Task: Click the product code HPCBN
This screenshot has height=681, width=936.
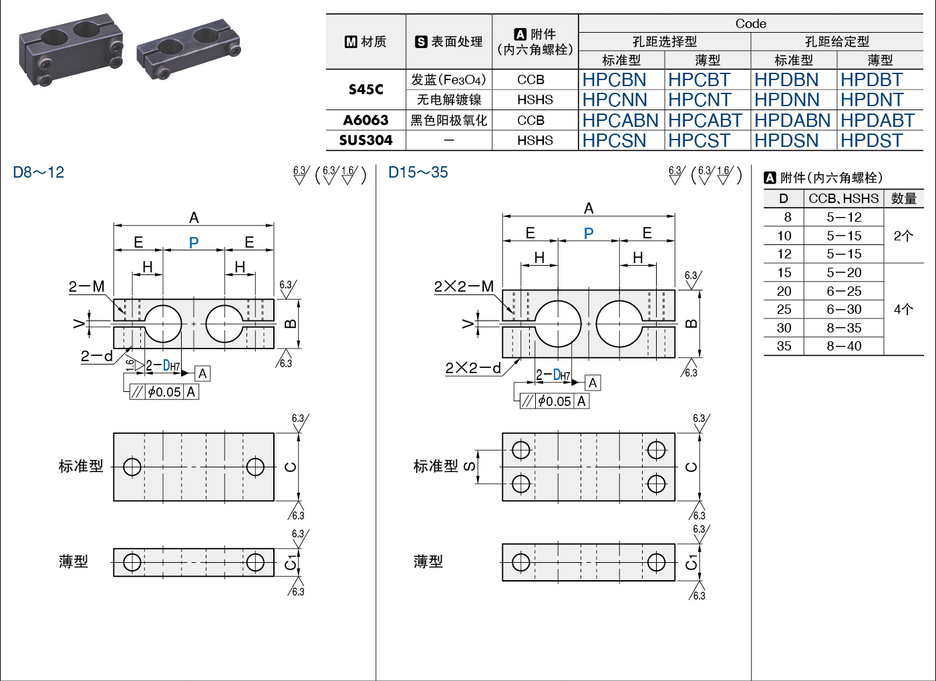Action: [x=614, y=80]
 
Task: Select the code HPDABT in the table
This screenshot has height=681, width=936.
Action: [x=877, y=121]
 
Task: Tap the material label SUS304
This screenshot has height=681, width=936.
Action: [x=365, y=140]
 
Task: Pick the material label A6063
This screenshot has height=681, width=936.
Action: [x=365, y=120]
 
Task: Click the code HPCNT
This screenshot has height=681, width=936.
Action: [x=699, y=100]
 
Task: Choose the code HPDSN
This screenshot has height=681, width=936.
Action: [x=786, y=141]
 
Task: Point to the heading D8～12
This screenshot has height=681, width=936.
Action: [x=39, y=172]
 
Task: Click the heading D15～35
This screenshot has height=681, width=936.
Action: [x=418, y=172]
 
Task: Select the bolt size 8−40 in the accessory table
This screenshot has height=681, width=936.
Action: [x=844, y=346]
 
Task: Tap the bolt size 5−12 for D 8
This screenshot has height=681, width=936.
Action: [x=844, y=217]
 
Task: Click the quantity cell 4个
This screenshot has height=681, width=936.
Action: [x=903, y=309]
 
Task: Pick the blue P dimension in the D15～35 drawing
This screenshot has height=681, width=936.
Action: [x=589, y=233]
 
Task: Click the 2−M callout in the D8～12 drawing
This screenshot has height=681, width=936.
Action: [x=87, y=286]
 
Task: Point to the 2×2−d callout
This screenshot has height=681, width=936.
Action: [x=473, y=368]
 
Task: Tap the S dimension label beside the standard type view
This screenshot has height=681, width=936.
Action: [x=469, y=466]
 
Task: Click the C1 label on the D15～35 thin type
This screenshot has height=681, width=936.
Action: [x=691, y=562]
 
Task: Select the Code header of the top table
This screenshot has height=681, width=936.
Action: [x=750, y=23]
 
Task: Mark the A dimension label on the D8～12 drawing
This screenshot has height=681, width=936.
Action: [x=194, y=218]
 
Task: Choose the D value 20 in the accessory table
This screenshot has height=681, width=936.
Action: [x=784, y=291]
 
